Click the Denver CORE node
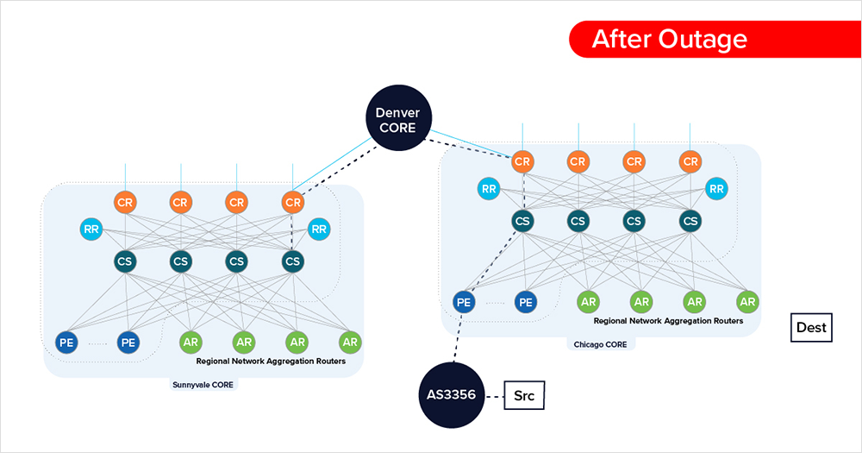pyautogui.click(x=396, y=121)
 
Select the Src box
pyautogui.click(x=524, y=397)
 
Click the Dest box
pyautogui.click(x=811, y=327)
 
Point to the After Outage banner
pyautogui.click(x=668, y=39)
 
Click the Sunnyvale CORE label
pyautogui.click(x=204, y=385)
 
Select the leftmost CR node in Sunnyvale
pyautogui.click(x=126, y=203)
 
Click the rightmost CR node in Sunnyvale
pyautogui.click(x=293, y=203)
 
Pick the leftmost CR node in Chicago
pyautogui.click(x=522, y=160)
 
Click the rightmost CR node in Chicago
pyautogui.click(x=690, y=160)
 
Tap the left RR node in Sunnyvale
pyautogui.click(x=92, y=230)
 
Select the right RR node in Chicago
pyautogui.click(x=716, y=189)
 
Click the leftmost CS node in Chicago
pyautogui.click(x=522, y=221)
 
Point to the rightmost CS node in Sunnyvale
pyautogui.click(x=293, y=260)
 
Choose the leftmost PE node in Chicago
pyautogui.click(x=464, y=302)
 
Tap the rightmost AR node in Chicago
pyautogui.click(x=747, y=302)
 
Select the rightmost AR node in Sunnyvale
pyautogui.click(x=349, y=342)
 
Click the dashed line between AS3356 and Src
pyautogui.click(x=494, y=397)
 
